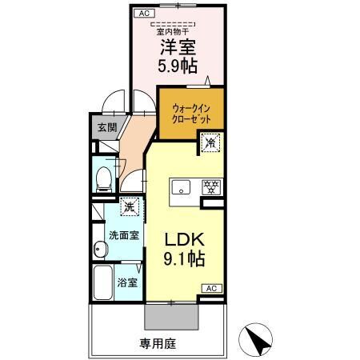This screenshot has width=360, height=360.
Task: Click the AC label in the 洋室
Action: click(144, 14)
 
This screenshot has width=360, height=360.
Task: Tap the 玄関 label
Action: click(106, 126)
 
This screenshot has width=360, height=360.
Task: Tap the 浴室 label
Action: click(127, 282)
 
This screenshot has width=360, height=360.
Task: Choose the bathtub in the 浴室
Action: click(103, 284)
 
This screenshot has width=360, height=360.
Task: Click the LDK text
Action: click(186, 239)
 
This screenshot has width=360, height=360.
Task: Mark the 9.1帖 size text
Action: click(186, 259)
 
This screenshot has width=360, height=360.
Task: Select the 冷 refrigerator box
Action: click(210, 144)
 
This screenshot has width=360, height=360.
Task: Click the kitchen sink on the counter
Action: click(181, 189)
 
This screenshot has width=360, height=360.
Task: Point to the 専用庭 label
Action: click(157, 345)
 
